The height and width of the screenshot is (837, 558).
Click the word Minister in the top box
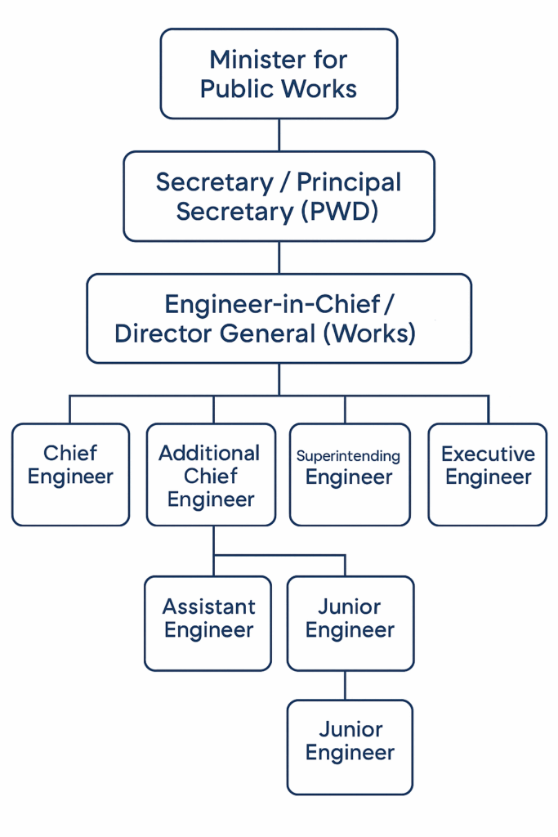(x=256, y=59)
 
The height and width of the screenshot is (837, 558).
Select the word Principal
(x=349, y=183)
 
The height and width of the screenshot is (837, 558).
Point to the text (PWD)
(x=340, y=212)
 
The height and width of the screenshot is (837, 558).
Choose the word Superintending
(x=348, y=456)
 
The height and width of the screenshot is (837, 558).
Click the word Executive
(x=488, y=454)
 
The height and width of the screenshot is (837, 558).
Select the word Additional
(x=210, y=453)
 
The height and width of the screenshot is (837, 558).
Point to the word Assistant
(x=209, y=606)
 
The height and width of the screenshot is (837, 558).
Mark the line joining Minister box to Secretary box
(x=279, y=135)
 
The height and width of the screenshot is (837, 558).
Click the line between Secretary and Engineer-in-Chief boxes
(x=279, y=257)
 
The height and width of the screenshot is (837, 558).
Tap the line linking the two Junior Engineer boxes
(x=345, y=686)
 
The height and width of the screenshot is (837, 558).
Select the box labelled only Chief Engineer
(x=70, y=475)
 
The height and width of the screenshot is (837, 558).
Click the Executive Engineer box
(x=488, y=475)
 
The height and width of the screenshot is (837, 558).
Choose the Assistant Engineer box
(x=208, y=624)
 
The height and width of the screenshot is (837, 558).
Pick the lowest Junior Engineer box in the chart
(x=350, y=747)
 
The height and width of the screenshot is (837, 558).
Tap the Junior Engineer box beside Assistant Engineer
(x=350, y=624)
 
